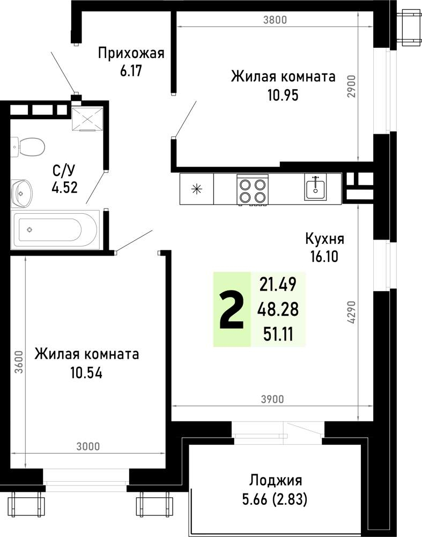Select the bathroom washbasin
pyautogui.click(x=22, y=190)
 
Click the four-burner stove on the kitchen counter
pyautogui.click(x=253, y=190)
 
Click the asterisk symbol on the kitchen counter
pyautogui.click(x=197, y=189)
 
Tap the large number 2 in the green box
pyautogui.click(x=232, y=310)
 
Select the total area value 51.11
pyautogui.click(x=278, y=334)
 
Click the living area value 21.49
pyautogui.click(x=278, y=284)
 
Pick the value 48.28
pyautogui.click(x=278, y=309)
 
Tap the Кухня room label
pyautogui.click(x=324, y=239)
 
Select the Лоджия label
pyautogui.click(x=276, y=480)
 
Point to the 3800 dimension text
pyautogui.click(x=276, y=21)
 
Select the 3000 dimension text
pyautogui.click(x=88, y=446)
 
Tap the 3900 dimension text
pyautogui.click(x=272, y=398)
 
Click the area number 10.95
pyautogui.click(x=283, y=95)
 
